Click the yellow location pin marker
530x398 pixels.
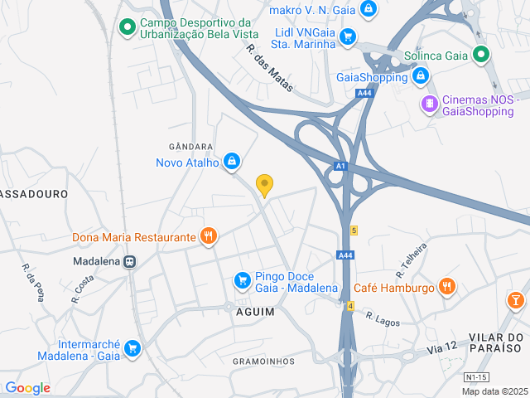pos(264,184)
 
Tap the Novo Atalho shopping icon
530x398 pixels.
pos(232,160)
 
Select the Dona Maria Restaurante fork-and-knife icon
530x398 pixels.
pos(209,237)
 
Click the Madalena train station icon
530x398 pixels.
pos(130,260)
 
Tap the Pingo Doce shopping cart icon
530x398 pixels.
pos(242,281)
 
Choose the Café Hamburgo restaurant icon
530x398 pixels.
pos(448,287)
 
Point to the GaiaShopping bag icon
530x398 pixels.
pos(421,77)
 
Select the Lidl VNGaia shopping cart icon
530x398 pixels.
pos(348,36)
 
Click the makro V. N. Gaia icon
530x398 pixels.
pos(369,10)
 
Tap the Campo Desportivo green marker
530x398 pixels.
pos(127,27)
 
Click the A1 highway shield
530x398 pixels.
pos(340,167)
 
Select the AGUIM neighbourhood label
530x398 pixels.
pos(255,311)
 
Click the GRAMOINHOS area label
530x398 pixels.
pos(263,362)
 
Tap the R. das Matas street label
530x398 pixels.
pos(270,68)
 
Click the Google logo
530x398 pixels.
pos(27,387)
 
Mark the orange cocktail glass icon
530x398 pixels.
pos(516,298)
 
